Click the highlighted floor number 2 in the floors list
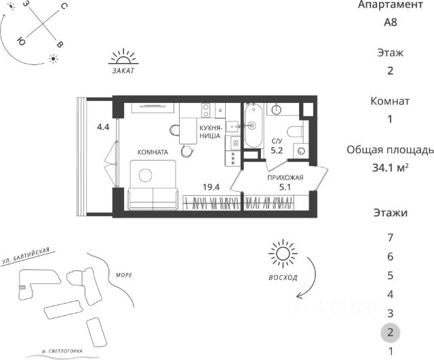click(391, 332)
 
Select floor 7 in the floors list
click(391, 237)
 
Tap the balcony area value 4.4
click(103, 127)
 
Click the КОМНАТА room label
click(153, 152)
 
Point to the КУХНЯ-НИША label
click(210, 132)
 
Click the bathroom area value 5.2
click(277, 151)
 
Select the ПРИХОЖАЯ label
click(285, 178)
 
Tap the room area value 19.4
click(211, 187)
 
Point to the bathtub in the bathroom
click(253, 126)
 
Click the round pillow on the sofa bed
click(145, 175)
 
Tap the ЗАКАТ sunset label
click(123, 71)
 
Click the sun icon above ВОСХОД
click(283, 254)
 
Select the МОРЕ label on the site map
click(123, 275)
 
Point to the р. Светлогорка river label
click(62, 351)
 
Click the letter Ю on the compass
click(21, 41)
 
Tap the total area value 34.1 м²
click(391, 167)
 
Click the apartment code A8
click(391, 22)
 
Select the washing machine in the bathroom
click(301, 151)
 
